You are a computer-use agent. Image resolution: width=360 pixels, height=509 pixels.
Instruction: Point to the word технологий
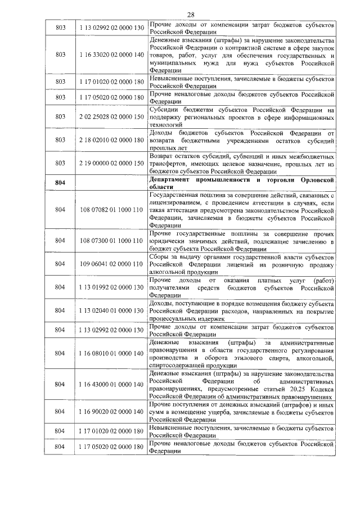pyautogui.click(x=167, y=124)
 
